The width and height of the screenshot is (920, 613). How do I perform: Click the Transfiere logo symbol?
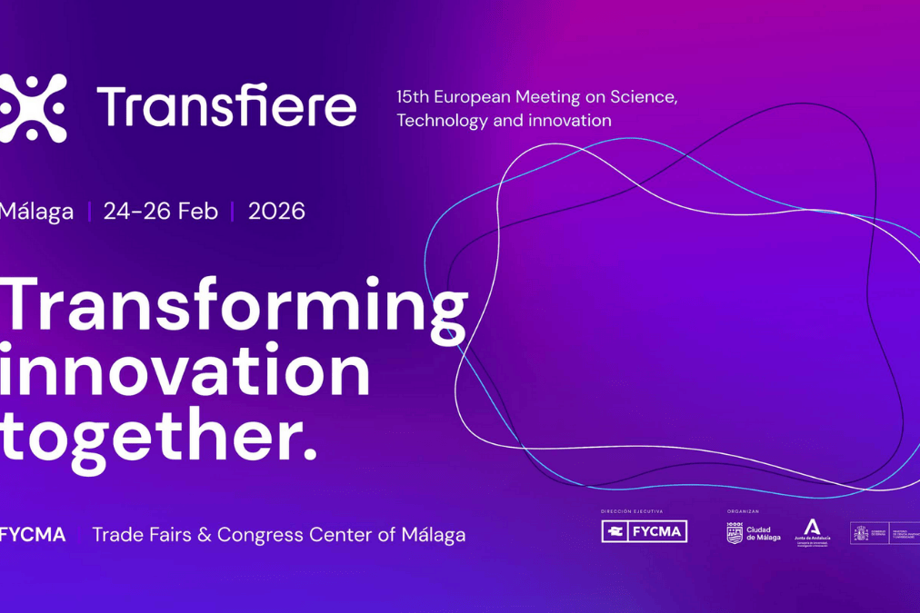click(33, 108)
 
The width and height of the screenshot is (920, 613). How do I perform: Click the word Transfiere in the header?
click(226, 107)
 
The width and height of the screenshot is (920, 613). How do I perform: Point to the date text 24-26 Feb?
click(160, 212)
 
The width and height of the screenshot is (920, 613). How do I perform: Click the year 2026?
click(276, 212)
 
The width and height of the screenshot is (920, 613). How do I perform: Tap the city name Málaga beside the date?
click(36, 213)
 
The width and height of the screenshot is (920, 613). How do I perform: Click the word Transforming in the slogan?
click(234, 307)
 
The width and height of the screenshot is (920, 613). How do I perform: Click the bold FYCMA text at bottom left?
click(34, 535)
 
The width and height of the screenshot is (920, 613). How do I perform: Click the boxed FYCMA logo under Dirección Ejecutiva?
click(644, 532)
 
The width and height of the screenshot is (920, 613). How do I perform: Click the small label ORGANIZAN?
click(743, 511)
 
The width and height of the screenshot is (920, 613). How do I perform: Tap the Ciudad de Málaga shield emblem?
click(735, 533)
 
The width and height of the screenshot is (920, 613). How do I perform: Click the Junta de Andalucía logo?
click(812, 530)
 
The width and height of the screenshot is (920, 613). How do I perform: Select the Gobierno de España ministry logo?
click(883, 533)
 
